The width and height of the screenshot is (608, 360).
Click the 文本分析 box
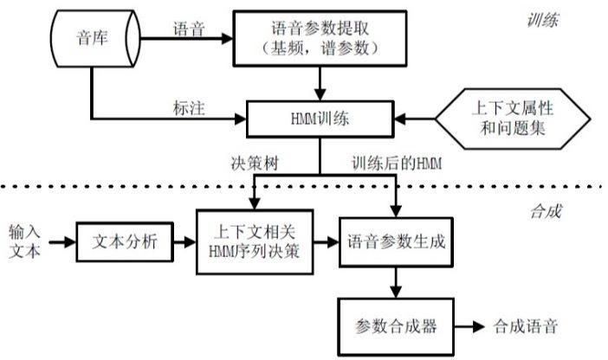[124, 241]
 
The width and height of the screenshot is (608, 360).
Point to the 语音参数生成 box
[396, 241]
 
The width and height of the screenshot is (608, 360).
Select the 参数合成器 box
[395, 326]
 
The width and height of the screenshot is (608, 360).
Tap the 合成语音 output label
[526, 326]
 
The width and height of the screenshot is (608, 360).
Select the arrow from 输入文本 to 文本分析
[61, 241]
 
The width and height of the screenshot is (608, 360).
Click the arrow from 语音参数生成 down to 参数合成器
[396, 282]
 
